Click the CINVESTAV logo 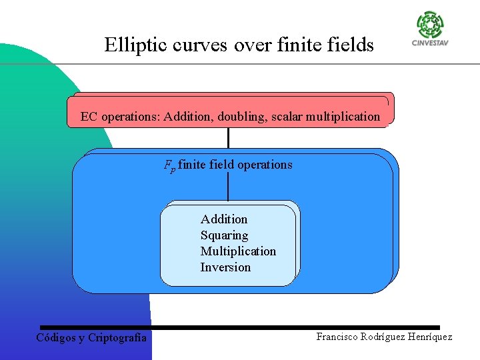429,30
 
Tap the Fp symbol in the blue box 170,165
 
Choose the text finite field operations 235,165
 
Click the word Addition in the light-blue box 224,219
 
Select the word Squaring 224,235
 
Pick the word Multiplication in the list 238,251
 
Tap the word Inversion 225,267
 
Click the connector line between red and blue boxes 228,137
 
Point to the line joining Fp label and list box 228,187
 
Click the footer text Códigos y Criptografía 91,337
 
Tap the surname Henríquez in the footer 427,337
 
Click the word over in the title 246,45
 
